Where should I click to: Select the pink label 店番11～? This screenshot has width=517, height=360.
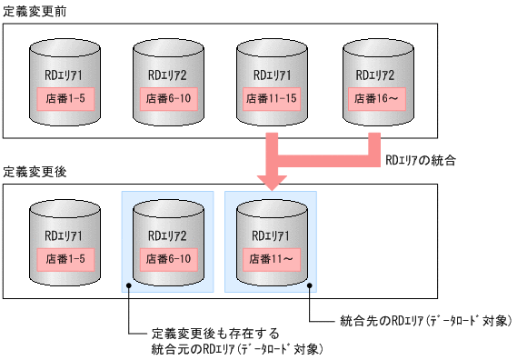pyautogui.click(x=270, y=259)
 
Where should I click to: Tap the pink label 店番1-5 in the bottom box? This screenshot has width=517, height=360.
pyautogui.click(x=65, y=259)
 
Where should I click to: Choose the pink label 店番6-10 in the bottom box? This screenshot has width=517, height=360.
pyautogui.click(x=167, y=259)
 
